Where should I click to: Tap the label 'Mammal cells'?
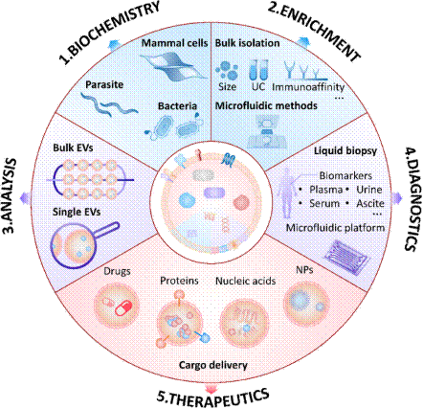pos(174,43)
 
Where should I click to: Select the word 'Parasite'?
pos(104,84)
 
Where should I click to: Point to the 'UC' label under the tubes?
pos(258,86)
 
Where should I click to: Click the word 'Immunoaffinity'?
pos(308,87)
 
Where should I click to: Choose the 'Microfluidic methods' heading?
pos(266,105)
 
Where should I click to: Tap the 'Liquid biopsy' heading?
pos(345,150)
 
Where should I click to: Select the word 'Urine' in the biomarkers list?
pos(369,190)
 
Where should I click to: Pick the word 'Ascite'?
pos(370,203)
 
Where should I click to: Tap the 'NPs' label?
pos(304,270)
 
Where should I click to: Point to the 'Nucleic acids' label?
pos(246,281)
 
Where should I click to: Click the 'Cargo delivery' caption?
pos(213,365)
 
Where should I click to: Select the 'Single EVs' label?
pos(77,212)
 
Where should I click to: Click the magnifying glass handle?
pos(107,230)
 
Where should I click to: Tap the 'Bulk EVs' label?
pos(73,148)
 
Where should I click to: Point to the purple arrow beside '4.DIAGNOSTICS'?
pos(397,198)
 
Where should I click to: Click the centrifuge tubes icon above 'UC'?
pos(258,70)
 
